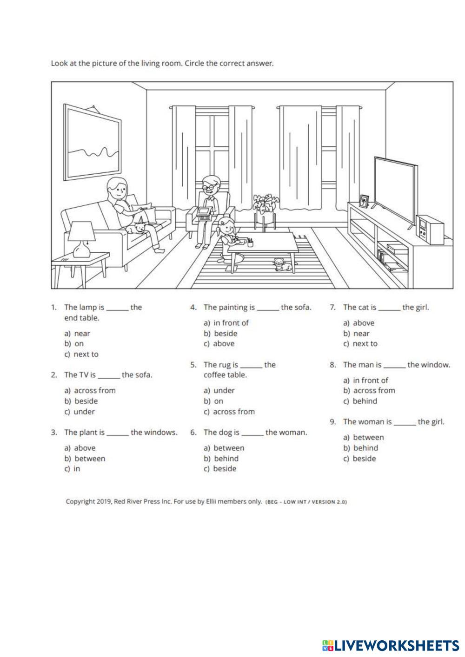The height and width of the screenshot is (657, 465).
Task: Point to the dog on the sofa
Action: pos(138,227)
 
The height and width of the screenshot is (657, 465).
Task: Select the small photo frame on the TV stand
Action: pos(364,201)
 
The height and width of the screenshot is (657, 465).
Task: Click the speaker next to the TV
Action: pos(430,230)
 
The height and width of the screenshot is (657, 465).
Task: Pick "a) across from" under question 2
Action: pos(90,390)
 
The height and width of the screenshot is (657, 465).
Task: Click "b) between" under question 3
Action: pos(85,459)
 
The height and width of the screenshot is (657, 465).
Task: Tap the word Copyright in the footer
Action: pos(81,501)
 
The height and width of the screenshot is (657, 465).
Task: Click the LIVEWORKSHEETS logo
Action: pos(390,645)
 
